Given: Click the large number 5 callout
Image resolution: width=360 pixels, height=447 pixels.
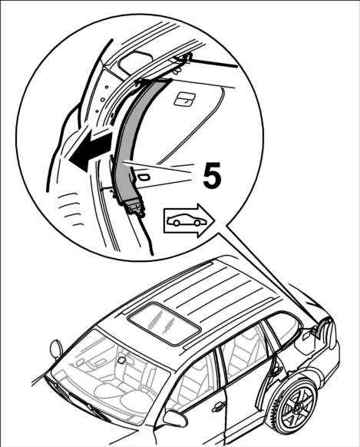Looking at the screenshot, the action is click(212, 175).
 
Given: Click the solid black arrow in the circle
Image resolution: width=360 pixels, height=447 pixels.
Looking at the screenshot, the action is click(89, 151).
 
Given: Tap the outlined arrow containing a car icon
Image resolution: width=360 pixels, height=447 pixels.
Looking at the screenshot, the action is click(189, 220).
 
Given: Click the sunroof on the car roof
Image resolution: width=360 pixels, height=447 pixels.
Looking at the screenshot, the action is click(164, 323).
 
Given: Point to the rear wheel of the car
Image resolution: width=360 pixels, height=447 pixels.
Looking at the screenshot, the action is click(297, 405).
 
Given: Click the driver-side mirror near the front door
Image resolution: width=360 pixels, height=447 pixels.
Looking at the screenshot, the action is click(174, 419).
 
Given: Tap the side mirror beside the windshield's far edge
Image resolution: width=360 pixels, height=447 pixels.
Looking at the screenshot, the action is click(56, 348).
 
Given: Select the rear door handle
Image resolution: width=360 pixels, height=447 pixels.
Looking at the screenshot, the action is click(276, 371).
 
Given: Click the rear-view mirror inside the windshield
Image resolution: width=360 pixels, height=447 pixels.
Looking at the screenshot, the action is click(121, 360).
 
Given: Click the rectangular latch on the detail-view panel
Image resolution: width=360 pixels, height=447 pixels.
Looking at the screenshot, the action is click(184, 100).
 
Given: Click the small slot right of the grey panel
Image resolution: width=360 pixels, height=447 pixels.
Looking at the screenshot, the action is click(144, 177).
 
